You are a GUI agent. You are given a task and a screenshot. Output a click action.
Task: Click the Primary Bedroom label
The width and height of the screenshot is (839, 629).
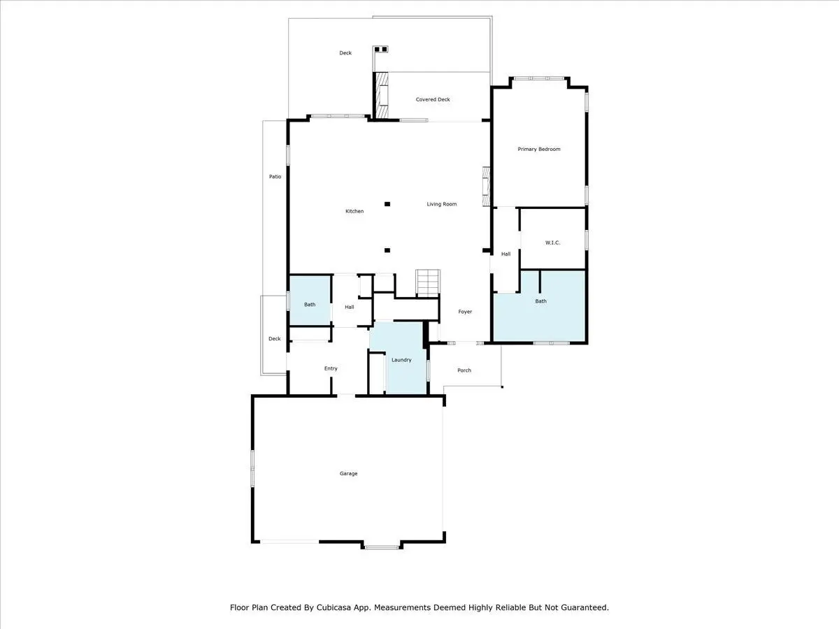(539, 149)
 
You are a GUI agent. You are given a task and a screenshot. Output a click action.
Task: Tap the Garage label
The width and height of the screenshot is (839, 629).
(349, 474)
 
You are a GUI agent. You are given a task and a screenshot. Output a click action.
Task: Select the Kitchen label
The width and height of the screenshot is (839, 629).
(354, 211)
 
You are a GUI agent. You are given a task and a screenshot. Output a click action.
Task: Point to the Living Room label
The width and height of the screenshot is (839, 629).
(441, 204)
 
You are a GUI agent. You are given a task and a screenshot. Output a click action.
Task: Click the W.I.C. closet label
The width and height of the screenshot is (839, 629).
(553, 243)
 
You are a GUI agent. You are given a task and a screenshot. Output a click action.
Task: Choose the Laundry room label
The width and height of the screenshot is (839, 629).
(401, 360)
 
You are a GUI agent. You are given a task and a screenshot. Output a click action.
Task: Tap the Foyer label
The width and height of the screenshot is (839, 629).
(465, 312)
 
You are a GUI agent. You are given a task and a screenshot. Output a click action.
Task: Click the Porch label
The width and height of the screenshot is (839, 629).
(464, 370)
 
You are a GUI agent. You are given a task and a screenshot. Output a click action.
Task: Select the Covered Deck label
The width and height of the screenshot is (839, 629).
(433, 99)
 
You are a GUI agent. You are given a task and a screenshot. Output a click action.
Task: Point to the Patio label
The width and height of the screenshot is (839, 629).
(275, 176)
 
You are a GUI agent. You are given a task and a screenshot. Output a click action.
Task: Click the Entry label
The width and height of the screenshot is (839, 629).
(331, 368)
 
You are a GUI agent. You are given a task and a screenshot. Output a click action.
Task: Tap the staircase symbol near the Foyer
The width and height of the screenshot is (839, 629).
(428, 283)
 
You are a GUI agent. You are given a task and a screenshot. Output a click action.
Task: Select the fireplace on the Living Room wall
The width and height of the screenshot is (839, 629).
(486, 187)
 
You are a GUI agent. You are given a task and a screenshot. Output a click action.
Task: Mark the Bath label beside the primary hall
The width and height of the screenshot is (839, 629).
(540, 301)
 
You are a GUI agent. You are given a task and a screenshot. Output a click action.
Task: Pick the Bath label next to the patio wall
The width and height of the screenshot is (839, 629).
(310, 305)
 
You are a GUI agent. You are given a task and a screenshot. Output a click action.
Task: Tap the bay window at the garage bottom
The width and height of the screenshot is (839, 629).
(382, 547)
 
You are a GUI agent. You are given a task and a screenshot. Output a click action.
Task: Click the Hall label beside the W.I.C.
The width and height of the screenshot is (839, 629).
(505, 254)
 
